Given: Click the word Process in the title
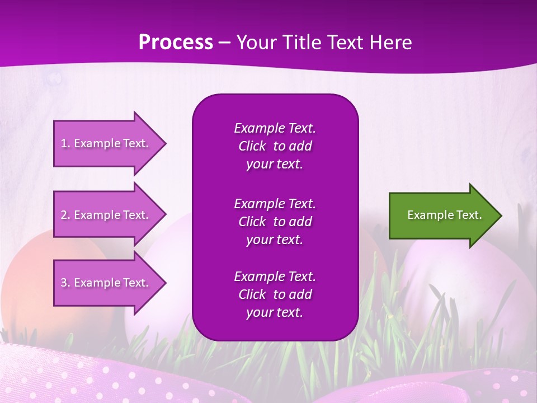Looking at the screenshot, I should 176,43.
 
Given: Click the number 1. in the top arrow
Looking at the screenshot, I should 65,143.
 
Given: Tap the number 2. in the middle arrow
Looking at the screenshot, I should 65,215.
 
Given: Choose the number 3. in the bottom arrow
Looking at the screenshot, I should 65,283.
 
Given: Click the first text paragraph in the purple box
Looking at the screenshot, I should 275,146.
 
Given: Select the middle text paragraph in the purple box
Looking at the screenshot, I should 275,222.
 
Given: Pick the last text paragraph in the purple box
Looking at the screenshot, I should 275,294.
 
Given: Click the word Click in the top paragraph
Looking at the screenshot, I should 252,146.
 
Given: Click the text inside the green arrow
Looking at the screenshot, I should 444,215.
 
